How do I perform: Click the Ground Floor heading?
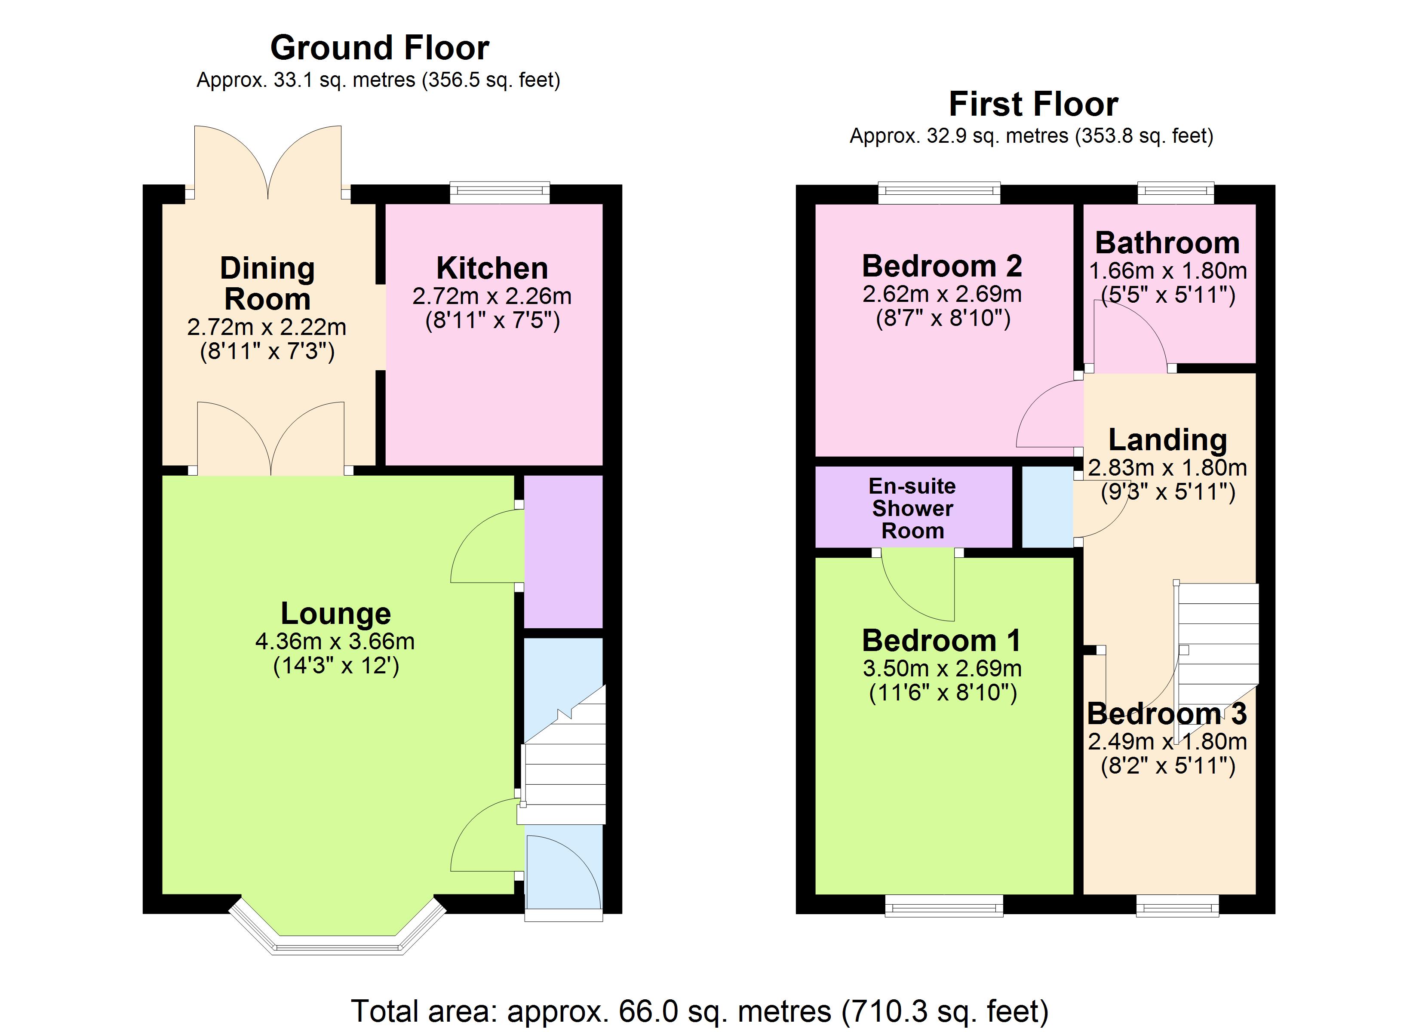(x=379, y=48)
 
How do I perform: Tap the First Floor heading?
(x=1033, y=104)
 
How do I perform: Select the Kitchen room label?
(x=492, y=268)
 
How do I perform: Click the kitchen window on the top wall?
(x=499, y=192)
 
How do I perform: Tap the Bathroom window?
(x=1175, y=192)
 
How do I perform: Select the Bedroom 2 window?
(x=939, y=192)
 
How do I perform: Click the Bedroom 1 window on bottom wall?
(x=943, y=906)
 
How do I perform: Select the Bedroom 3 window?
(x=1177, y=906)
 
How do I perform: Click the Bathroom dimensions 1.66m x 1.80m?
(x=1167, y=271)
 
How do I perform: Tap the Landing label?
(x=1167, y=439)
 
